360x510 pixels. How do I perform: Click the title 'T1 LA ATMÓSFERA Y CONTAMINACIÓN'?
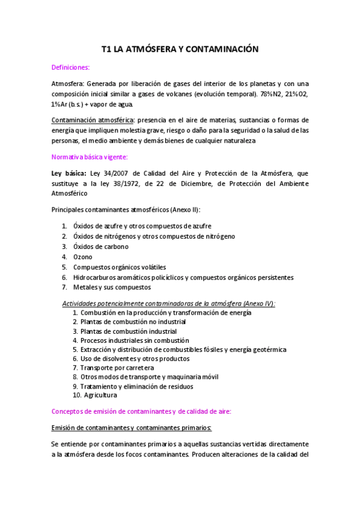point(179,49)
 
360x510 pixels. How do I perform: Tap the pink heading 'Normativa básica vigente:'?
point(90,157)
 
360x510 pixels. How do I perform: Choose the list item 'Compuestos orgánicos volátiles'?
point(120,267)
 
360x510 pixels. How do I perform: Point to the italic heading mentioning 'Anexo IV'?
point(169,303)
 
